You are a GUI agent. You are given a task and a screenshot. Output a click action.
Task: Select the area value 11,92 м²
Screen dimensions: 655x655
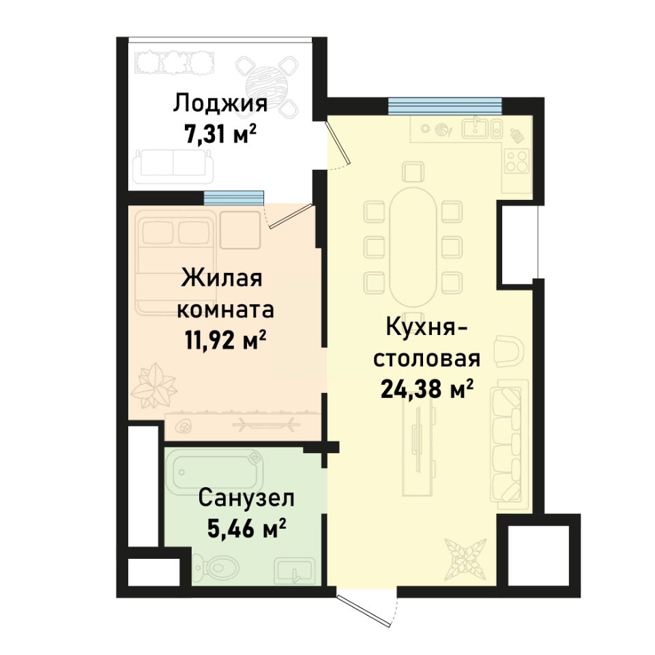point(224,339)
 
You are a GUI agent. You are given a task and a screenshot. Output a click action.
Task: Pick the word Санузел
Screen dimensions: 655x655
point(246,498)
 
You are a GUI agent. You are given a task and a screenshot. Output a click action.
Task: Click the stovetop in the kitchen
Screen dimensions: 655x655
point(516,160)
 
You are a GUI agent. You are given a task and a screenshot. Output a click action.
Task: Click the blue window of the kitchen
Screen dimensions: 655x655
point(445,105)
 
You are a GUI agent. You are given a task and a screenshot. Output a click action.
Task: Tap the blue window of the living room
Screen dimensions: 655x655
point(233,197)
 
